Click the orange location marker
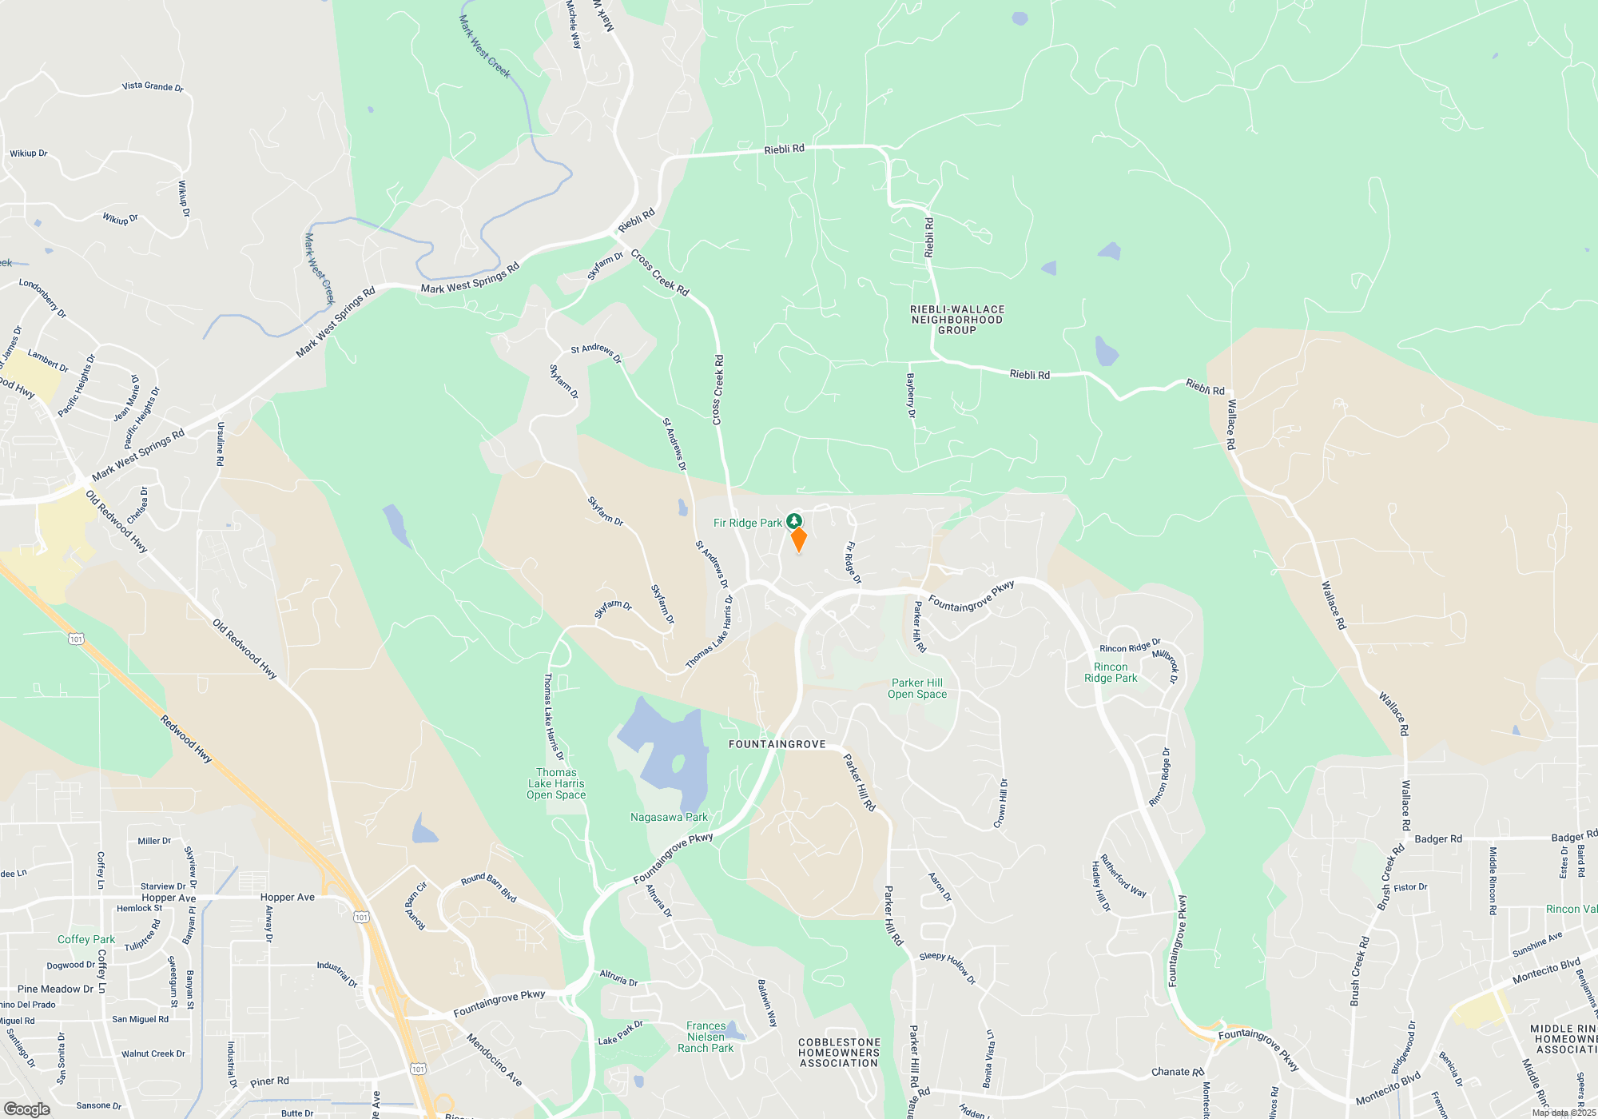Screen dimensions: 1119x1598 click(798, 540)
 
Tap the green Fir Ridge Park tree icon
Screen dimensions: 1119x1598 click(793, 521)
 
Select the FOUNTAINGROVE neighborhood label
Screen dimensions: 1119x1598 click(777, 744)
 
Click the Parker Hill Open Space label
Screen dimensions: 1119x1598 click(917, 688)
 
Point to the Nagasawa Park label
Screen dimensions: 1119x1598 click(669, 817)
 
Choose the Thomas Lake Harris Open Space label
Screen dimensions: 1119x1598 click(556, 783)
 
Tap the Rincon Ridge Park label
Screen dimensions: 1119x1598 click(1111, 672)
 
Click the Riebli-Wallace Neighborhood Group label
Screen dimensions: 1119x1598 click(957, 320)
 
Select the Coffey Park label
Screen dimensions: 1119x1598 click(86, 939)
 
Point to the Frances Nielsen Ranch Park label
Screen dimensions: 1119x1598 click(706, 1037)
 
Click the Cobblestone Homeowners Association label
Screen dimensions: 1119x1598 click(839, 1053)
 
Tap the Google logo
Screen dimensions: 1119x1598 click(27, 1109)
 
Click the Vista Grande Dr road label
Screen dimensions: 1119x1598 click(153, 86)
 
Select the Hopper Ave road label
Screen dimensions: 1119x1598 click(288, 897)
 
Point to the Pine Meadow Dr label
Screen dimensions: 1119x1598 click(55, 989)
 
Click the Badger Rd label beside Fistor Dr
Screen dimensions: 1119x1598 click(1438, 838)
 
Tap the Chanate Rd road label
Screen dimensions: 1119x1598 click(1177, 1072)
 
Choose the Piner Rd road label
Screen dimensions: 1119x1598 click(269, 1081)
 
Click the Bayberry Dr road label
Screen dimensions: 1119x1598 click(911, 396)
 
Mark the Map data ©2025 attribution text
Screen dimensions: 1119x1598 click(1564, 1113)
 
